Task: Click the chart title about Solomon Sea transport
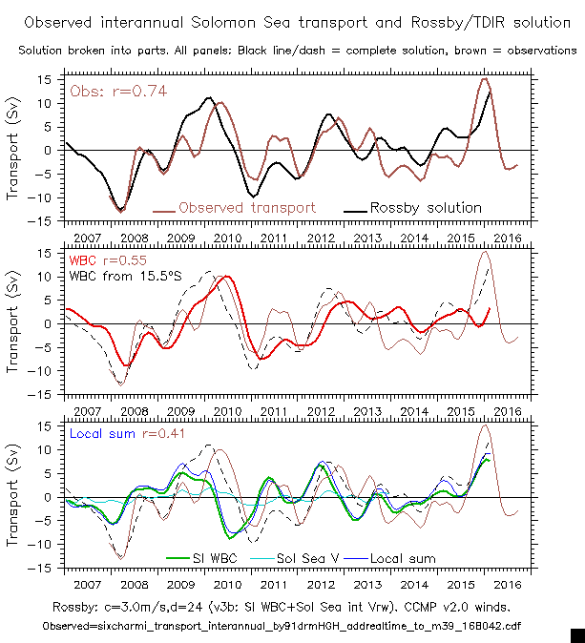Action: (x=292, y=21)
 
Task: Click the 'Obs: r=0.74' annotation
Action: (x=108, y=91)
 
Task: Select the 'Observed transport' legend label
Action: (x=246, y=207)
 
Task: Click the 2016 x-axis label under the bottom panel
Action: (x=507, y=583)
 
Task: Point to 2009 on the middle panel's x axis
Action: (x=180, y=409)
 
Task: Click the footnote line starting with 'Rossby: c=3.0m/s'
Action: (x=293, y=607)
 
